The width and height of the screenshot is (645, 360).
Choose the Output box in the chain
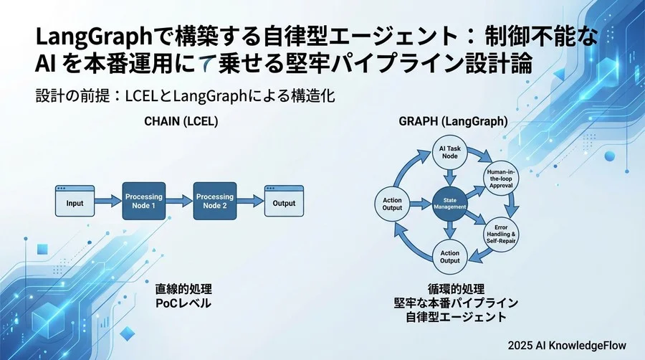[284, 202]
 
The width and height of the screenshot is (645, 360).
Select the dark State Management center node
[449, 203]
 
